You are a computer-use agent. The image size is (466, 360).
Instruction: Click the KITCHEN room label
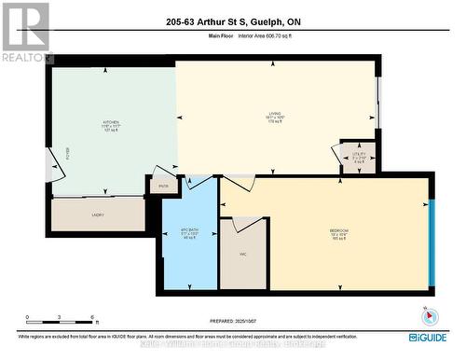coord(111,122)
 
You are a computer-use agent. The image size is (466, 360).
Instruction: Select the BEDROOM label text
coord(338,229)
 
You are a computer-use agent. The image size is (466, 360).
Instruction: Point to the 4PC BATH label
coord(190,231)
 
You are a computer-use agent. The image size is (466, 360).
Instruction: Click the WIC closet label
coord(241,253)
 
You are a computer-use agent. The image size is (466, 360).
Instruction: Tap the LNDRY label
coord(98,215)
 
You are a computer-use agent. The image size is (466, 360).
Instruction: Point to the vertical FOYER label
coord(67,152)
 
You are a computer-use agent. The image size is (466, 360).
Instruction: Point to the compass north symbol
coord(427,313)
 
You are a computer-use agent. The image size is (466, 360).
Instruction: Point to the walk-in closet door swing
coord(244,224)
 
